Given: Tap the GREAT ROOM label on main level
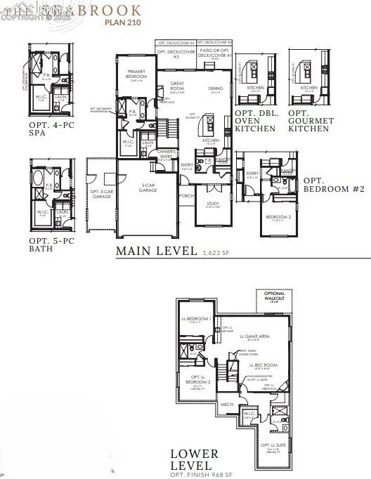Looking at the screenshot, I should [x=177, y=86].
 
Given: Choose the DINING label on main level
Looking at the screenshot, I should [x=216, y=89].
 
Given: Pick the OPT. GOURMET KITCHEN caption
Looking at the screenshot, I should [x=309, y=121].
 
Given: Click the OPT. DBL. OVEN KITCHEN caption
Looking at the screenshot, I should [x=254, y=121].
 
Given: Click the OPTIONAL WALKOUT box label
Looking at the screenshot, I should [x=275, y=297].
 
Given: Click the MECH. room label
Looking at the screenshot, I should [x=226, y=405].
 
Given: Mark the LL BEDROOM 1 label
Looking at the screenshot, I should [x=200, y=319].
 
